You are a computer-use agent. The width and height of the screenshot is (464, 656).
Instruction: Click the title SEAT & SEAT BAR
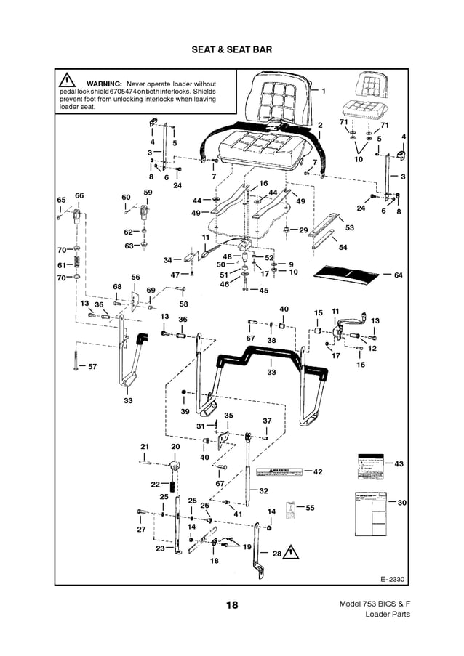click(x=231, y=51)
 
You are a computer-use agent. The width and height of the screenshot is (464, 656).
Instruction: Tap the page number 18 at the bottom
click(x=231, y=605)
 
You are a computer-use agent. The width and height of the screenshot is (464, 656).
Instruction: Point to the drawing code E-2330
click(x=391, y=579)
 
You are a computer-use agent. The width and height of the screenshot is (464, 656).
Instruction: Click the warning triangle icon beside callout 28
click(x=291, y=552)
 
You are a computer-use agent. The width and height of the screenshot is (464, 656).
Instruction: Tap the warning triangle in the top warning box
click(x=68, y=81)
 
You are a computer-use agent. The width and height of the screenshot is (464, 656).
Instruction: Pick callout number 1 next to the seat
click(x=323, y=90)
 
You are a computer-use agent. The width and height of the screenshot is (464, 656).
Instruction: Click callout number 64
click(x=397, y=275)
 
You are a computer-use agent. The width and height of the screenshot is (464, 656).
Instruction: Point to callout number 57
click(x=92, y=367)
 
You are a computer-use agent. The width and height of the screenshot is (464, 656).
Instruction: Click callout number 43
click(x=398, y=463)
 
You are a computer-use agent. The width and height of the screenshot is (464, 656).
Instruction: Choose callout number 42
click(x=317, y=472)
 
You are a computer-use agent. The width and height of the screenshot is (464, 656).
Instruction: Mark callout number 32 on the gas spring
click(x=263, y=491)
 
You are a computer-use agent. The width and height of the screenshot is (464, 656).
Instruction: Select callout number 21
click(x=145, y=446)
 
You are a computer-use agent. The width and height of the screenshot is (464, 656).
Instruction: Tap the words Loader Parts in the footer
click(x=387, y=615)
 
